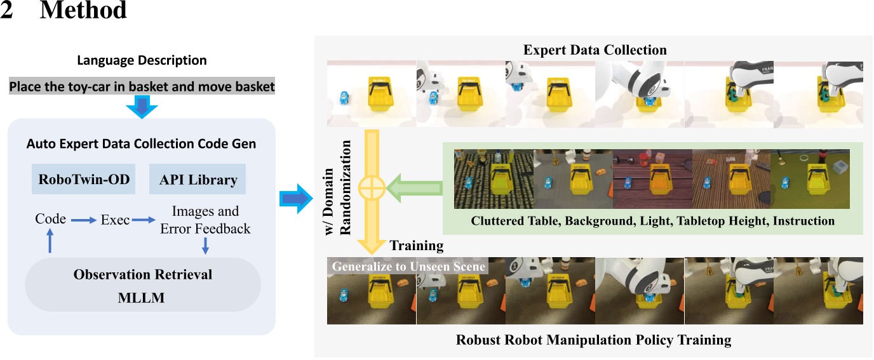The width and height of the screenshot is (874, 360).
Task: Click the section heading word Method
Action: coord(83,11)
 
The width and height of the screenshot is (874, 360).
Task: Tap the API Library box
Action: coord(198,180)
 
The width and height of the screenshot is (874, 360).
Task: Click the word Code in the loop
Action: coord(50,219)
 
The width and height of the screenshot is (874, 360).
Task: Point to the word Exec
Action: coord(115,220)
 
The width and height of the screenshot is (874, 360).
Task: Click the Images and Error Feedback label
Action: coord(205,220)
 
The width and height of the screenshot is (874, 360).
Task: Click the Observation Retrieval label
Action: coord(143,275)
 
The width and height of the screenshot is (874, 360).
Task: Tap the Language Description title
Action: coord(142,60)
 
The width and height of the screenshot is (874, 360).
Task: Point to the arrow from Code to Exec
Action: coord(83,220)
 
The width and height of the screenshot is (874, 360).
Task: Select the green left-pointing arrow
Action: coord(417,187)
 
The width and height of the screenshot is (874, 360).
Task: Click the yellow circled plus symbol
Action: coord(371,188)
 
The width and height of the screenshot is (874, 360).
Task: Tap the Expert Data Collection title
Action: coord(595,50)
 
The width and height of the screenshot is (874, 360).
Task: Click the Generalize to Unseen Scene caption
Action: coord(407,266)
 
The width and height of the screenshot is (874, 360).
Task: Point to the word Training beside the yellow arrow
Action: coord(416,246)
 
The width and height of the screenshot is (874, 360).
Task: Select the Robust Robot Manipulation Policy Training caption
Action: coord(593,340)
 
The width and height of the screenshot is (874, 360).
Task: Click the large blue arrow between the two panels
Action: coord(295,199)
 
